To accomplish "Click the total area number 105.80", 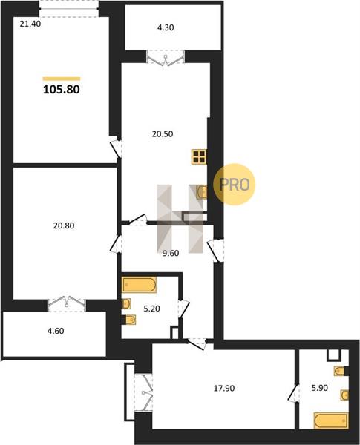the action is pos(62,90).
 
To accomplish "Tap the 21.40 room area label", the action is pos(30,24).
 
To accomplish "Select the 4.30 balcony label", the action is pos(166,28).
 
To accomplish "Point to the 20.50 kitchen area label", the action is pos(163,134).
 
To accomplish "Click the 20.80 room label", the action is pos(64,226).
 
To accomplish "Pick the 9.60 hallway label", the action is pos(171,253).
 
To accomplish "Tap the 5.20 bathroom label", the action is pos(151,309).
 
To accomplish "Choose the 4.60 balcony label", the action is pos(56,331).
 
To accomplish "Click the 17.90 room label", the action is pos(224,388).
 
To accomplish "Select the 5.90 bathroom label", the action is pos(320,388).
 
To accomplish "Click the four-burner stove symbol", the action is pos(199,156).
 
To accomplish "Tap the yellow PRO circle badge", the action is pos(235,185).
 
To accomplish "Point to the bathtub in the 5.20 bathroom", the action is pos(139,285).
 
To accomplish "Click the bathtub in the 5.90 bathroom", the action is pos(331,421).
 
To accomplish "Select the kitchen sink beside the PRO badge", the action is pos(202,192).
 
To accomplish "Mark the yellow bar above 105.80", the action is pos(62,79).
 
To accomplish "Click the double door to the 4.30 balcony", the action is pos(166,57).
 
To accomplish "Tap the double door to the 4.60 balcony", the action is pos(67,305).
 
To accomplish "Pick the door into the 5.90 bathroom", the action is pos(294,393).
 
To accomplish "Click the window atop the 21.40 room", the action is pos(69,9).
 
